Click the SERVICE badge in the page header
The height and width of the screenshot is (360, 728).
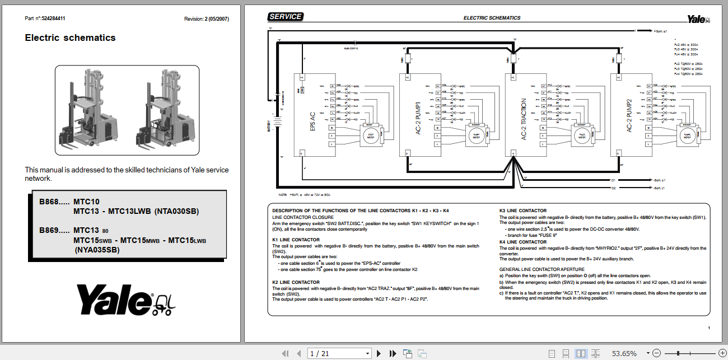coord(286,17)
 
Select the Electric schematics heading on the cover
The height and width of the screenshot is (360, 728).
coord(70,38)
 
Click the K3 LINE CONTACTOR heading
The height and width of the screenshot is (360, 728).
coord(522,211)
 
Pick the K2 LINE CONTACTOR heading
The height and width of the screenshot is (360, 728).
coord(296,282)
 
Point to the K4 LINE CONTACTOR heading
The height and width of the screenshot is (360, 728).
coord(522,242)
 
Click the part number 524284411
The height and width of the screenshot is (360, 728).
coord(53,18)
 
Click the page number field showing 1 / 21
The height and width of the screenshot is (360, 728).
coord(339,353)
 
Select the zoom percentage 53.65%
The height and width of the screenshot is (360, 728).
coord(623,353)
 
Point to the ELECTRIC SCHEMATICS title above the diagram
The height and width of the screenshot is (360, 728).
coord(492,18)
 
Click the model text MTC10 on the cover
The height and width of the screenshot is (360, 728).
coord(86,202)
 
